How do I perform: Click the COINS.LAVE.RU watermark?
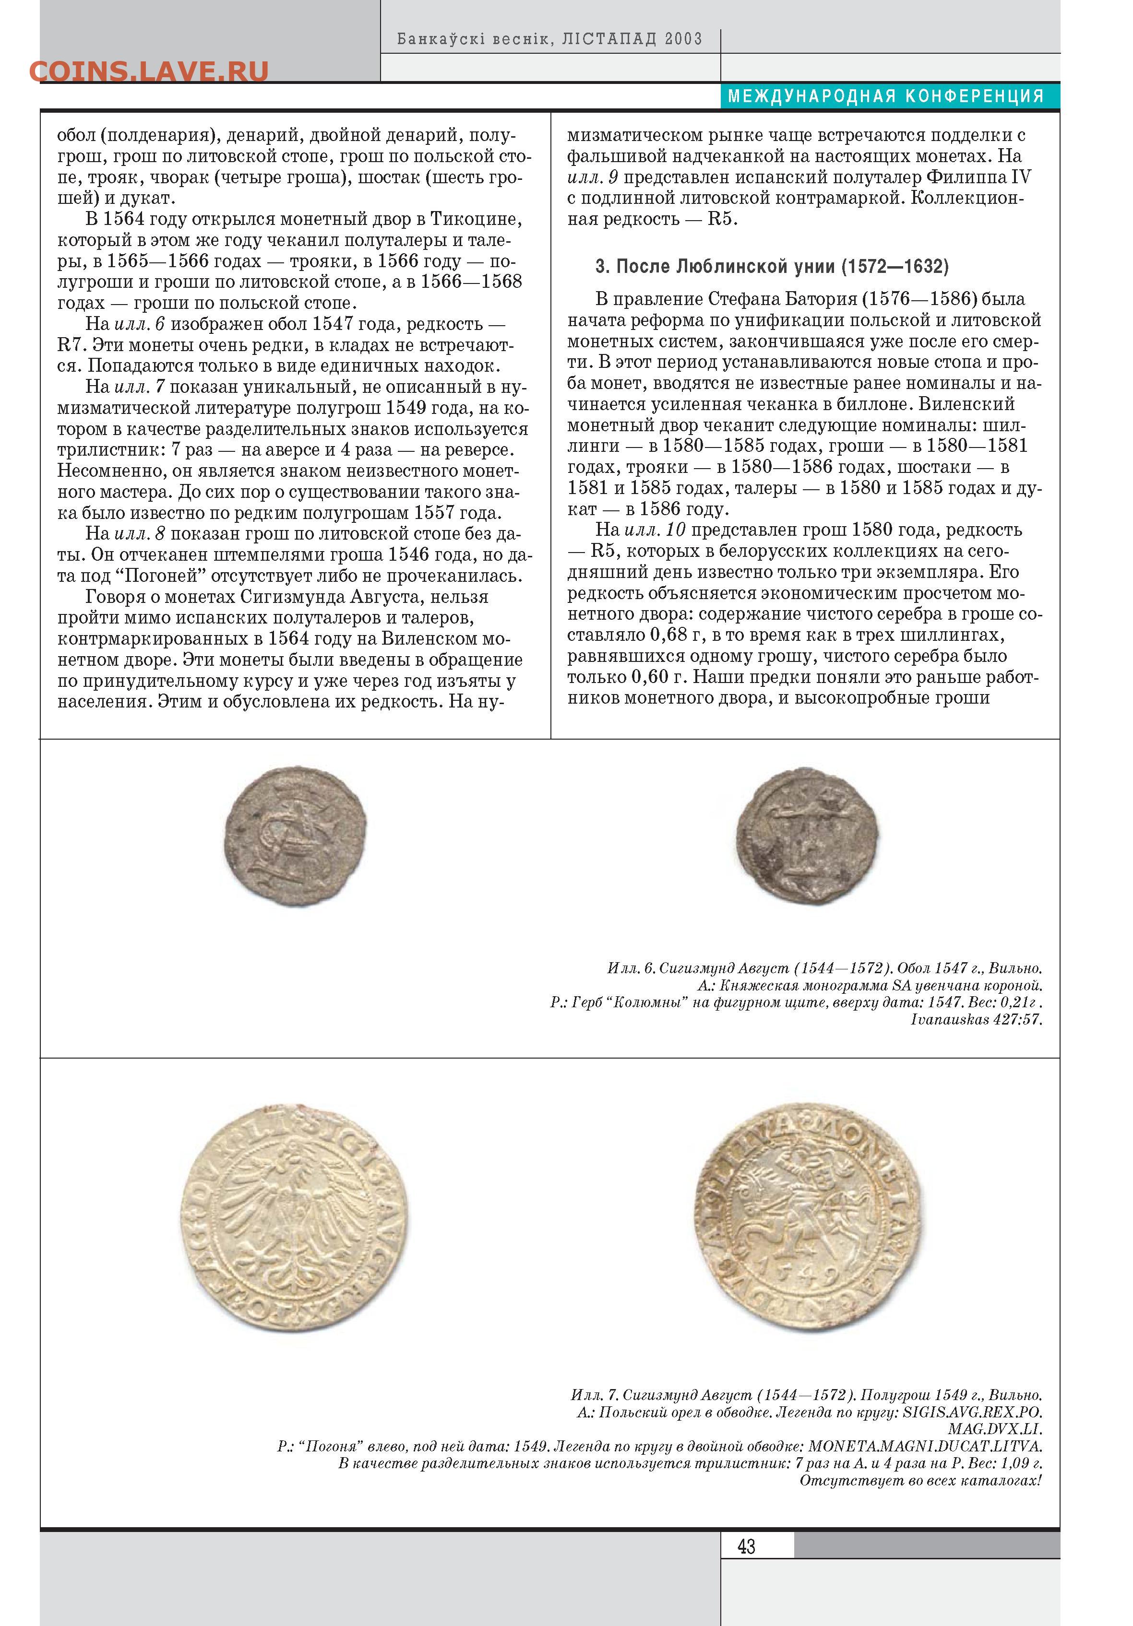click(x=149, y=71)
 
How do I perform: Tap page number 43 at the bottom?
click(x=746, y=1545)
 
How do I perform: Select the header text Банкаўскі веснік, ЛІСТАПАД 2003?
click(x=549, y=39)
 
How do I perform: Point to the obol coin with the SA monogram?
click(x=296, y=836)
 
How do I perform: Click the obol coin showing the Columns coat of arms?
click(x=807, y=836)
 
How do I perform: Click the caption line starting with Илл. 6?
click(x=824, y=968)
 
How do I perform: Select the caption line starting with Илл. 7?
click(x=806, y=1395)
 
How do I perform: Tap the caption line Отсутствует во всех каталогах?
click(x=920, y=1481)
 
